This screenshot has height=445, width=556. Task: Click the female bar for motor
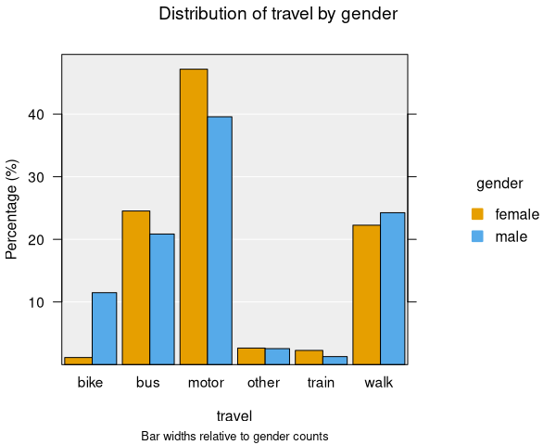click(x=194, y=217)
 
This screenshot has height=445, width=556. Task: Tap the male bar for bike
click(x=104, y=328)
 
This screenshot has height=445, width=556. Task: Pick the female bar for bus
click(x=136, y=287)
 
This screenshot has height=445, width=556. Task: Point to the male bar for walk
click(x=393, y=288)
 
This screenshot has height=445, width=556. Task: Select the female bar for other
click(x=251, y=356)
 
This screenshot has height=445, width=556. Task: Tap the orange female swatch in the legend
click(x=478, y=214)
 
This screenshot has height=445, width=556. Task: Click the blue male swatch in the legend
click(x=478, y=236)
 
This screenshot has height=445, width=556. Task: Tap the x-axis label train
click(x=321, y=382)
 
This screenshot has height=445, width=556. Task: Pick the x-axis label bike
click(x=91, y=382)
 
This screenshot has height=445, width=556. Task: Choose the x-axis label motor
click(x=206, y=382)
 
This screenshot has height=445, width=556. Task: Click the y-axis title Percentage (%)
click(x=12, y=210)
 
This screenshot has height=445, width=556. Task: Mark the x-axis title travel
click(x=234, y=416)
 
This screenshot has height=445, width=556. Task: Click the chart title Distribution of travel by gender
click(x=279, y=14)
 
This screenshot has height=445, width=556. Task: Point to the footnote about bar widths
click(x=234, y=436)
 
